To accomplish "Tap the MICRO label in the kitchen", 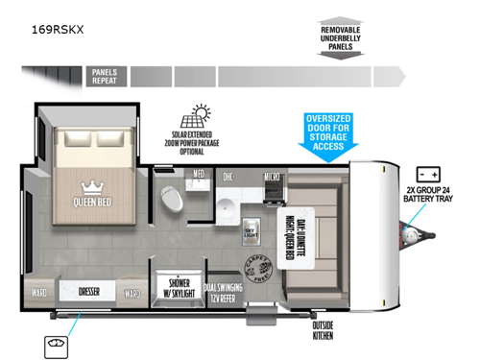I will [x=274, y=177].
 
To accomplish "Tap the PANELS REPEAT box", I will [x=104, y=77].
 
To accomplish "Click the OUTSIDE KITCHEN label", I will [x=323, y=330].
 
